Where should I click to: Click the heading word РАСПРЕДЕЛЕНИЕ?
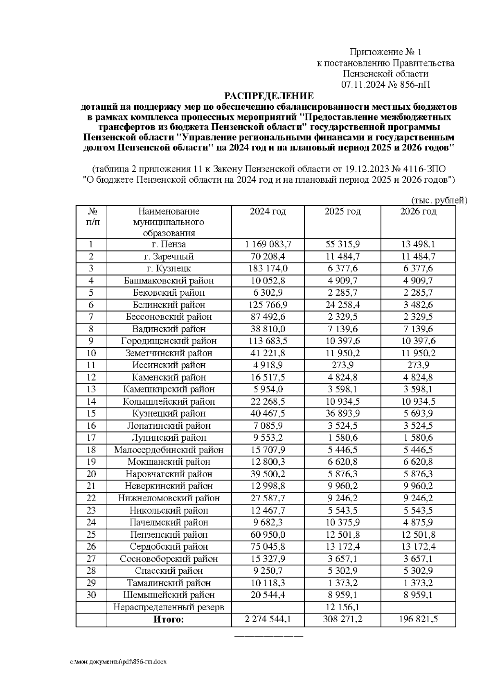click(268, 96)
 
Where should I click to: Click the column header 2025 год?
click(342, 211)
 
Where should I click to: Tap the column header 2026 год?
click(418, 211)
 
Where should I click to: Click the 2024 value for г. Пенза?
click(268, 244)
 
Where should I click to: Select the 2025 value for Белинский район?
click(342, 305)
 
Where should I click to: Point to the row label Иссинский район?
click(169, 365)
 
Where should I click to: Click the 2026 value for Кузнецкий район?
click(418, 413)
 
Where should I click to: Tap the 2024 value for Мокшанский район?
click(268, 462)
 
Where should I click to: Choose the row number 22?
click(91, 498)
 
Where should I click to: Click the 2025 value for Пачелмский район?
click(342, 522)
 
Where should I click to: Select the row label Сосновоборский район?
click(169, 559)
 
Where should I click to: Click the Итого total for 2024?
click(268, 619)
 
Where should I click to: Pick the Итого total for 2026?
click(418, 619)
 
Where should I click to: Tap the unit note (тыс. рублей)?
click(439, 200)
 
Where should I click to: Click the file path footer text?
click(119, 662)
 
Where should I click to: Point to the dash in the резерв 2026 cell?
click(418, 607)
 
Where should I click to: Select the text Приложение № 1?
click(385, 52)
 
